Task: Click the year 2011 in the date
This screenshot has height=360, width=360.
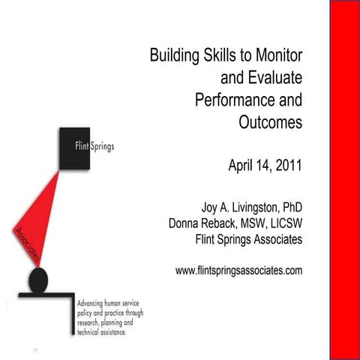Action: point(287,166)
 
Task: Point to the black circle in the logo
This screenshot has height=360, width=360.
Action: point(39,280)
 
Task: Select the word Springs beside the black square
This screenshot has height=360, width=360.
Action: point(102,146)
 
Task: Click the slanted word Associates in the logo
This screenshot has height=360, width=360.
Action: point(25,244)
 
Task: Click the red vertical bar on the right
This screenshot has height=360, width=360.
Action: point(345,180)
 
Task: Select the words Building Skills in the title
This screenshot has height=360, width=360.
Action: point(181,55)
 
